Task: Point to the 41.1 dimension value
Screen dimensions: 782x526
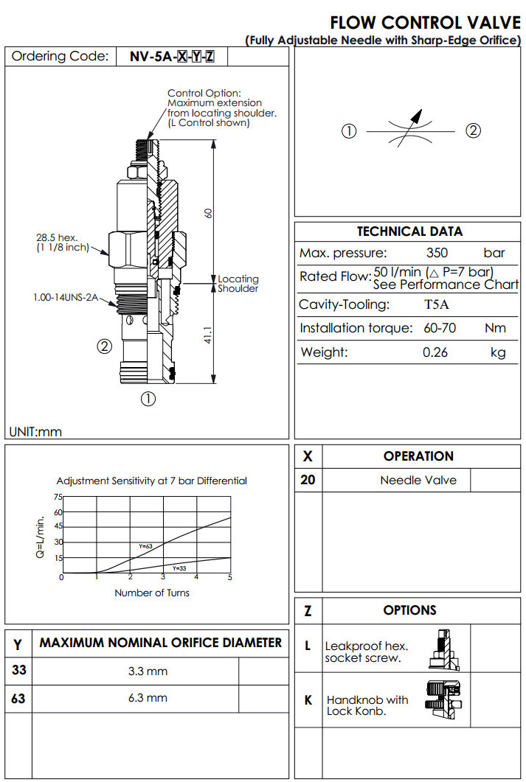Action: tap(209, 336)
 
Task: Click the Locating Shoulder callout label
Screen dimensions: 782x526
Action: tap(238, 284)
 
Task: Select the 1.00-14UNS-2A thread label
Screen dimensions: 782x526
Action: tap(63, 298)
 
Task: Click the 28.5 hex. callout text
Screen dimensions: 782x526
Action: tap(57, 242)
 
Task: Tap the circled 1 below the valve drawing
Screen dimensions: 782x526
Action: tap(148, 399)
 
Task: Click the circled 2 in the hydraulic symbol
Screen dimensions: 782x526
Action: tap(474, 131)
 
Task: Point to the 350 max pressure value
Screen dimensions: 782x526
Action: tap(437, 253)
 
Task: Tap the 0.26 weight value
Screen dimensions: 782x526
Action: tap(435, 352)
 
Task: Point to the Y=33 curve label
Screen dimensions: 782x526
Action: tap(179, 568)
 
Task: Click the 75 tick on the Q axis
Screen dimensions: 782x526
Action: tap(58, 498)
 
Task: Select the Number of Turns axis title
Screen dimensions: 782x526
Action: tap(151, 593)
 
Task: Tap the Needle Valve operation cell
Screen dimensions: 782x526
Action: tap(418, 480)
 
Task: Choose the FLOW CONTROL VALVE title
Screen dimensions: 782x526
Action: tap(425, 23)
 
